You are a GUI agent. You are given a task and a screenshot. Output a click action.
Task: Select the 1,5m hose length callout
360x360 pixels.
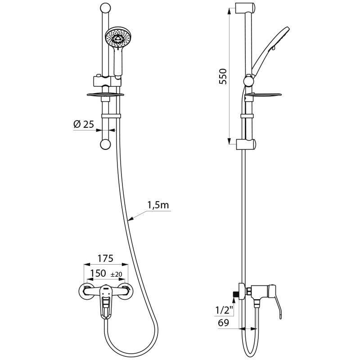pyautogui.click(x=157, y=206)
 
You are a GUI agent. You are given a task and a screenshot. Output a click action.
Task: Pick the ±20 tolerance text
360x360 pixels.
pyautogui.click(x=116, y=274)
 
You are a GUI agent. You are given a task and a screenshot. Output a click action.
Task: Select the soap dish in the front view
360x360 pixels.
pyautogui.click(x=104, y=94)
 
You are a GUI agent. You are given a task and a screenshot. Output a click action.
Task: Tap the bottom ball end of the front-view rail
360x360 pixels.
pyautogui.click(x=105, y=144)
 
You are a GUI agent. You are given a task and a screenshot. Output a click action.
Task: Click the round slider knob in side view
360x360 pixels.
pyautogui.click(x=248, y=81)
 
